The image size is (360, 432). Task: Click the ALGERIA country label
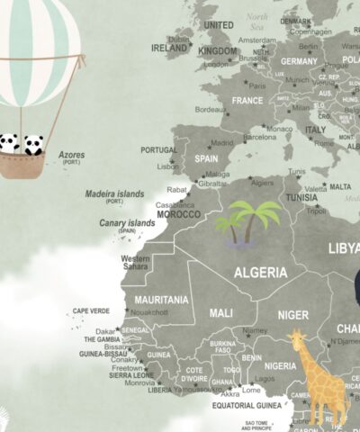261,272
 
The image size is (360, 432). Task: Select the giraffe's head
298,341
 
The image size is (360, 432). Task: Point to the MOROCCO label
179,214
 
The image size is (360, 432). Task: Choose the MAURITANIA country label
162,300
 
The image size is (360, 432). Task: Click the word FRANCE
247,101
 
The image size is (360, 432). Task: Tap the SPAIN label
206,157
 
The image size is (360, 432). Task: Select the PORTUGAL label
158,150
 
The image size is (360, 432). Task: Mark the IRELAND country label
170,48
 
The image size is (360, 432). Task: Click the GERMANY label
299,61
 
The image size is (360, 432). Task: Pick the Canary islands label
127,223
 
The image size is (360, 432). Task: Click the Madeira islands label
114,193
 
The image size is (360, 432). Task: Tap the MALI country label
220,312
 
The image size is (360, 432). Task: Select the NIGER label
293,315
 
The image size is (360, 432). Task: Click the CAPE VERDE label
91,310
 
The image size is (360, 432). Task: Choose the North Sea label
258,21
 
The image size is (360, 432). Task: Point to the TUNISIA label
301,198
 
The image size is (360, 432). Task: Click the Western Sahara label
135,263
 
